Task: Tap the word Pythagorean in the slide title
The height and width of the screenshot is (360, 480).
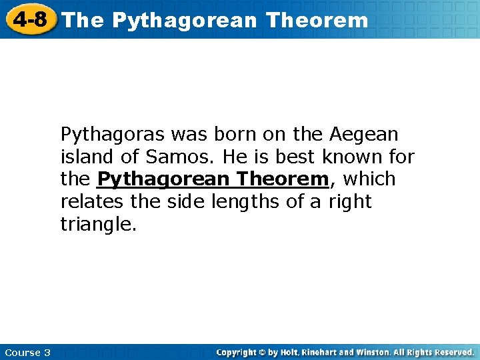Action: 184,21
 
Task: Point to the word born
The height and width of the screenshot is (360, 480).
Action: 235,135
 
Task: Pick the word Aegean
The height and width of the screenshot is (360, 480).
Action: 363,135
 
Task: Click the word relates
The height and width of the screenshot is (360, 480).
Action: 89,201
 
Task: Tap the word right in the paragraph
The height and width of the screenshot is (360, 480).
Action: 349,202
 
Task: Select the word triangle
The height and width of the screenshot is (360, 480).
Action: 99,224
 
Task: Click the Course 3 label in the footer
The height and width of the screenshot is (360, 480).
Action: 27,352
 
